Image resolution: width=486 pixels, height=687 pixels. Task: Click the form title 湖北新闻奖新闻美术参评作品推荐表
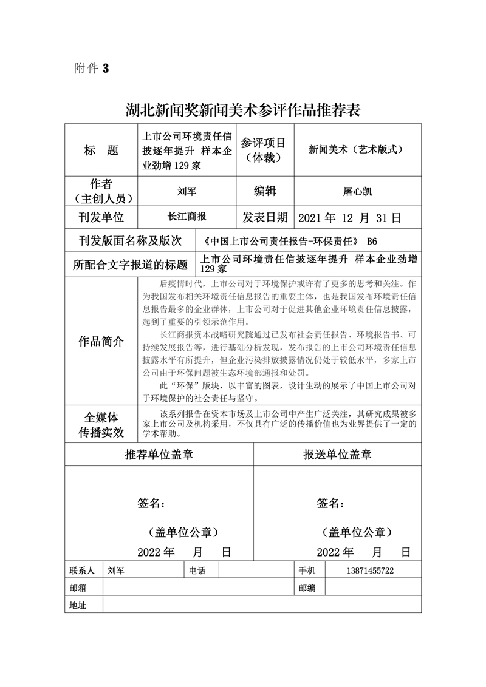coord(243,110)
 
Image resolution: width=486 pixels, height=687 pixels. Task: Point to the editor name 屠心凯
coord(357,191)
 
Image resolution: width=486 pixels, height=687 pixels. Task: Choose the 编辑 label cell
coord(264,191)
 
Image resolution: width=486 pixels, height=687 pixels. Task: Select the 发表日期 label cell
coord(265,217)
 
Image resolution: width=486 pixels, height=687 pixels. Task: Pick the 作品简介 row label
coord(101,341)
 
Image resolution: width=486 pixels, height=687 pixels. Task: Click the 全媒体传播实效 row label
coord(101,424)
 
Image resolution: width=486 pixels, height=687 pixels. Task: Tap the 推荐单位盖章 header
coord(159,454)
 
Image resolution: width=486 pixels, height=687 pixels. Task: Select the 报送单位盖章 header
coord(338,454)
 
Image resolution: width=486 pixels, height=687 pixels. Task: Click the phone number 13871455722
coord(370,571)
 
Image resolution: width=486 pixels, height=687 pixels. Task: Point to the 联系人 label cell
coord(83,571)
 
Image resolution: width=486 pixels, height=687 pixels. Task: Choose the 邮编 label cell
coord(307,587)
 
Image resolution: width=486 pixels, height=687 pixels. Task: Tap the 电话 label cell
coord(197,571)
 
